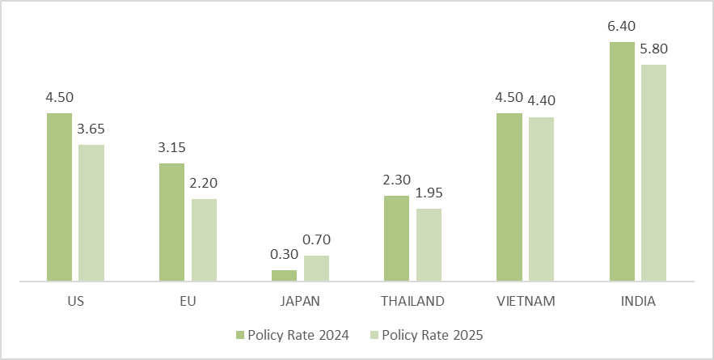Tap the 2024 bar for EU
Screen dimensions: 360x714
pos(171,222)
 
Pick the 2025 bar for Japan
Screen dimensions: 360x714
pos(316,269)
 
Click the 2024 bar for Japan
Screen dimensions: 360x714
pos(284,276)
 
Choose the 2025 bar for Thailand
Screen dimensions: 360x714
pos(429,245)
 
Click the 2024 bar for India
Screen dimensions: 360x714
pos(622,162)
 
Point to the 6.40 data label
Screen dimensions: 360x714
pos(622,28)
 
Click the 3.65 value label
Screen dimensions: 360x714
pos(91,129)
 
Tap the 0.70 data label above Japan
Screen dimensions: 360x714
pos(316,239)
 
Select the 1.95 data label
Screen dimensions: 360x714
pos(429,193)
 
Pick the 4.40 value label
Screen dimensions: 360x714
pos(541,101)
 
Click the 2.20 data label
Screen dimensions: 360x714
pos(204,183)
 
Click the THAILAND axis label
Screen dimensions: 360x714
pos(412,301)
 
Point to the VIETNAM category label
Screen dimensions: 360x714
pos(525,301)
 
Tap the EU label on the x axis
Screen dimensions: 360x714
pos(188,301)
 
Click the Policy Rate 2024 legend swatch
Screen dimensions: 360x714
pos(239,335)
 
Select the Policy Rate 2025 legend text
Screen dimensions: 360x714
pos(432,335)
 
